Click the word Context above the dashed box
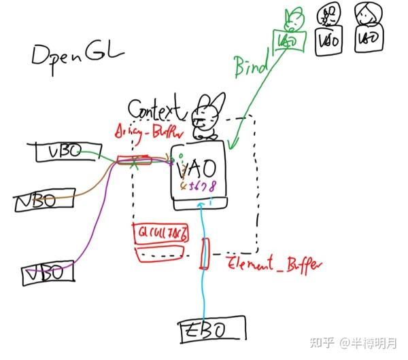[x=156, y=109]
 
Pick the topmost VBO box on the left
[x=62, y=153]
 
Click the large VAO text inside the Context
[x=197, y=166]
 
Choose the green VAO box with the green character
[x=287, y=40]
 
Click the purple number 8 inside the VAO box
[x=214, y=185]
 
